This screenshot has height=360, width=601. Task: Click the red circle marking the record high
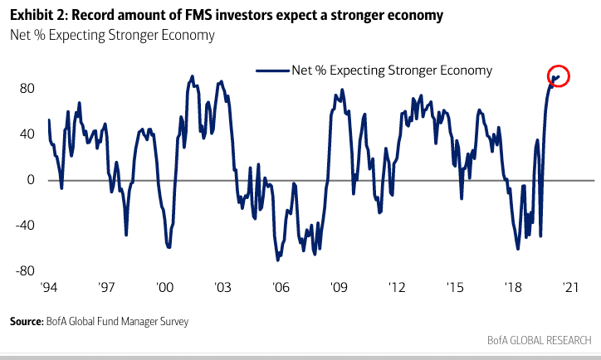click(x=559, y=76)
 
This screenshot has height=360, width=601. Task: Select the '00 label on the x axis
click(x=164, y=287)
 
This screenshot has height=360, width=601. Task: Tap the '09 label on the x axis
click(x=338, y=287)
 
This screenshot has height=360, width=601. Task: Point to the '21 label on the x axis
click(x=570, y=287)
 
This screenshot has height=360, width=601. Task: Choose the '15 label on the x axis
click(x=454, y=287)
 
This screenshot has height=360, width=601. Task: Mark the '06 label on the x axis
click(x=280, y=287)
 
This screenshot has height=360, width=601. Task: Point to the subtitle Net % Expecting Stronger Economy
click(x=112, y=35)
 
